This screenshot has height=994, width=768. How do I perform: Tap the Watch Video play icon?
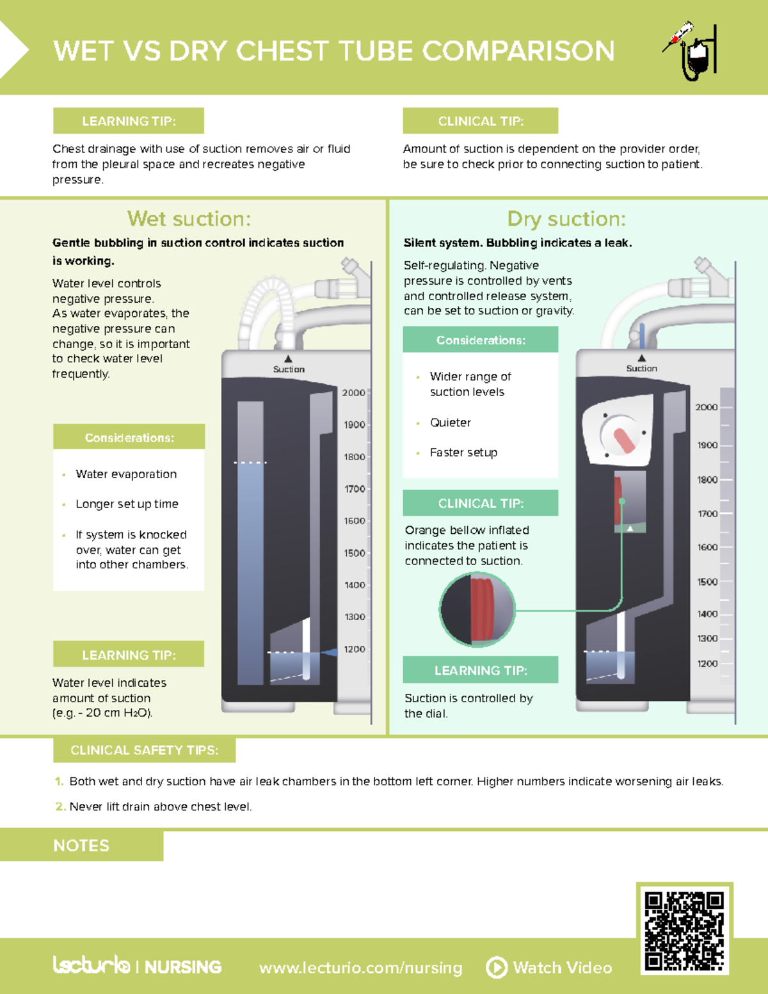click(497, 967)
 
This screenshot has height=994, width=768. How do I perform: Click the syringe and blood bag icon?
click(690, 51)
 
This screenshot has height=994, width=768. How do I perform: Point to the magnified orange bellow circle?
click(477, 609)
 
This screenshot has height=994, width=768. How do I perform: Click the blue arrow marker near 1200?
click(330, 652)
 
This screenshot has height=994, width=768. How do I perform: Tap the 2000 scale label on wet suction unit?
click(353, 392)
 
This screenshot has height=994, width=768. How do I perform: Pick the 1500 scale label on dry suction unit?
click(707, 582)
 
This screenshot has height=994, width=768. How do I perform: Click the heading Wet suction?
click(189, 219)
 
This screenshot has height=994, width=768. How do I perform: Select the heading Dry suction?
click(566, 219)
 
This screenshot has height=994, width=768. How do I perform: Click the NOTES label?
click(81, 846)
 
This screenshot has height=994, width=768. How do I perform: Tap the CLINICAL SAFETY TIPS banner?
click(145, 750)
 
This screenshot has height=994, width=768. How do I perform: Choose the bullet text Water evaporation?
click(126, 474)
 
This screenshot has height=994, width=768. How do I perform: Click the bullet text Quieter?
click(450, 422)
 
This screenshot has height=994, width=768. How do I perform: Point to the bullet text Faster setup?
click(463, 453)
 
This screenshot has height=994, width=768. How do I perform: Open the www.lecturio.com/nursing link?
click(360, 968)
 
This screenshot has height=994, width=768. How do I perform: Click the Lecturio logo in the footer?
click(92, 965)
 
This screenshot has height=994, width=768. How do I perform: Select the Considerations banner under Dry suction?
click(480, 340)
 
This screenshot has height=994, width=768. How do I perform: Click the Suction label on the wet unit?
click(289, 369)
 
